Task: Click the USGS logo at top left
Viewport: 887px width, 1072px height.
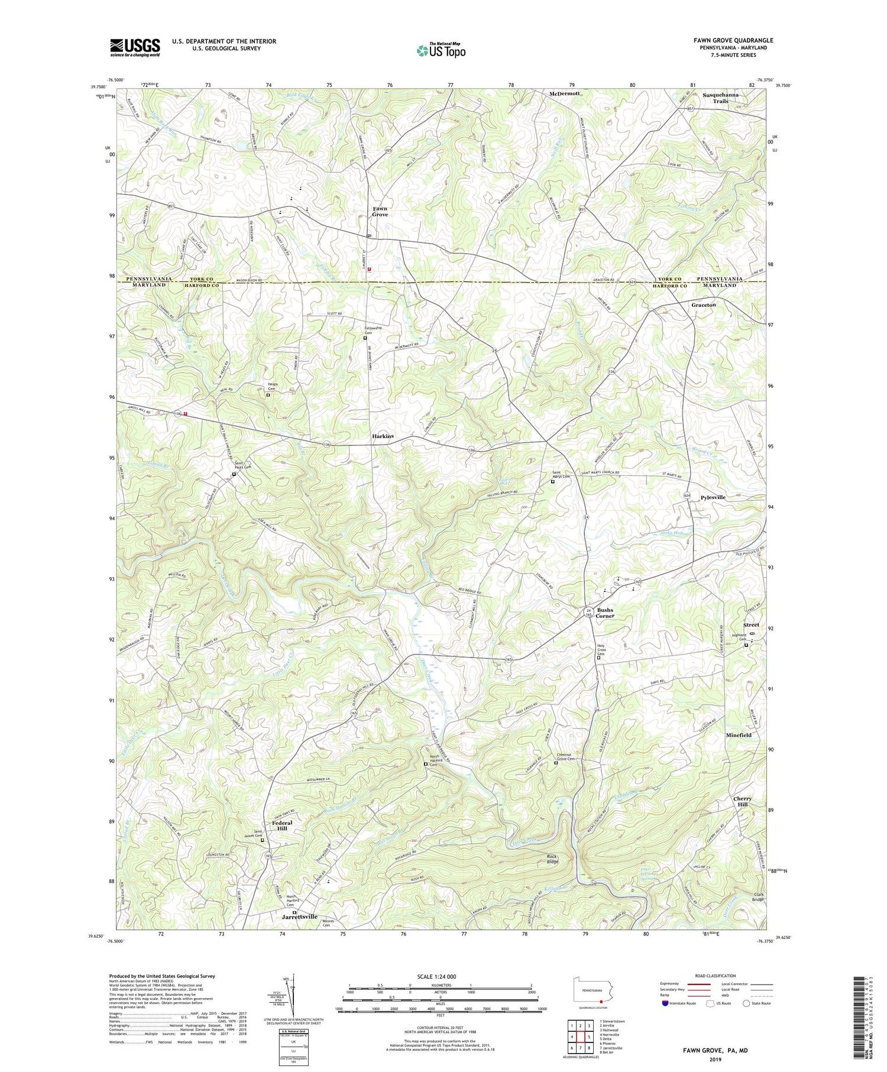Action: pyautogui.click(x=135, y=47)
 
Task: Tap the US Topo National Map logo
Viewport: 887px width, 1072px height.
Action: pyautogui.click(x=441, y=50)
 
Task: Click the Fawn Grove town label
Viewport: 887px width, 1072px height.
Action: pyautogui.click(x=380, y=211)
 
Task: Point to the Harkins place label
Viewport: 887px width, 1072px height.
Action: pyautogui.click(x=383, y=436)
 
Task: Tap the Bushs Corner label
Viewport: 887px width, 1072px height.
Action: pyautogui.click(x=605, y=613)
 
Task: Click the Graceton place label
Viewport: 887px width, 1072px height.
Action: pyautogui.click(x=704, y=305)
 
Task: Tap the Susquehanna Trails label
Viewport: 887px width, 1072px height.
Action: pyautogui.click(x=720, y=98)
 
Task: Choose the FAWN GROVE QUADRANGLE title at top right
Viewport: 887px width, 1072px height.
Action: pyautogui.click(x=733, y=40)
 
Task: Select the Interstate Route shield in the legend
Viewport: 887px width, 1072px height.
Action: pyautogui.click(x=665, y=1003)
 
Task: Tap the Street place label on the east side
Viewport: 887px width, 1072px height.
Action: pyautogui.click(x=751, y=625)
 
